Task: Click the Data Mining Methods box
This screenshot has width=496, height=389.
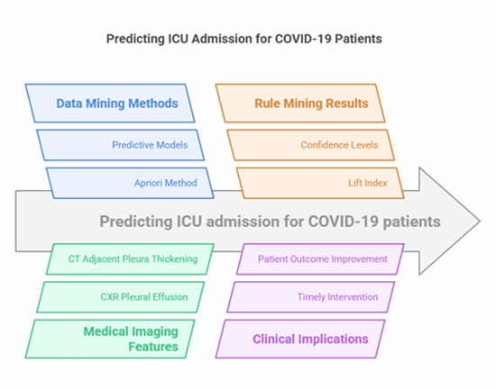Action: point(115,104)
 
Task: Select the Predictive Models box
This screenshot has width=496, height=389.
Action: point(125,144)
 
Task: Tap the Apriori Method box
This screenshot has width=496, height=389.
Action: point(135,183)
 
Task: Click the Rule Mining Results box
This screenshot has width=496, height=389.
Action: point(305,104)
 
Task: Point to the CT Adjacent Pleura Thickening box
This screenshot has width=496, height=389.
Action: point(132,258)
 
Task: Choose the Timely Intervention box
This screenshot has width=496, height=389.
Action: point(312,296)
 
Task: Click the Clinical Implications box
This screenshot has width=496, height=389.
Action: point(302,339)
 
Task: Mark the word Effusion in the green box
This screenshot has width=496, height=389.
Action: point(176,296)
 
